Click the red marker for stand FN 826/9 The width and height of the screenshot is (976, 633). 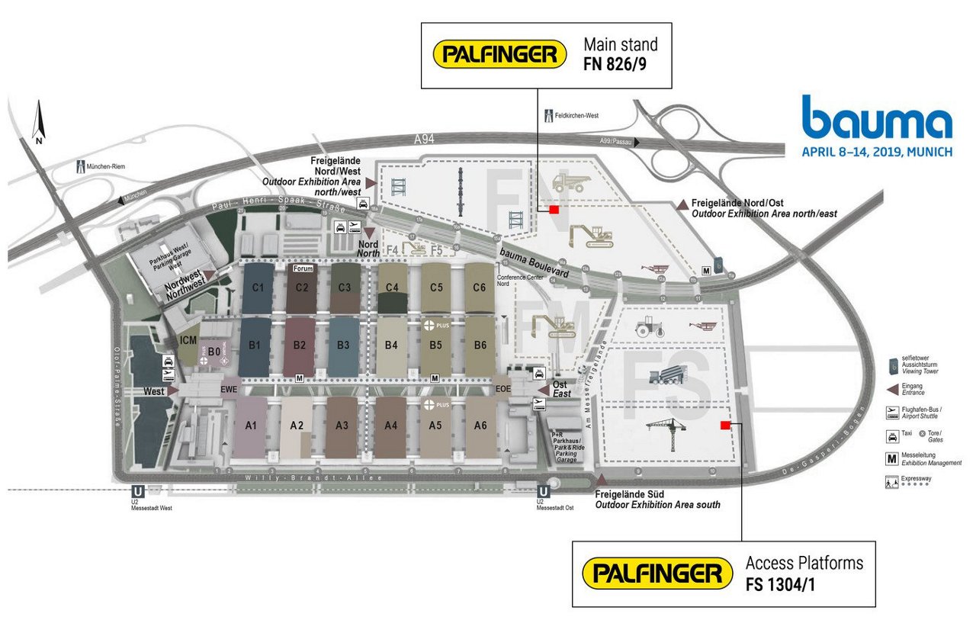(x=554, y=209)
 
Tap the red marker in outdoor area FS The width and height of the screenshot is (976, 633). (x=726, y=425)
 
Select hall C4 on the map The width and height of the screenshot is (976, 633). (x=393, y=288)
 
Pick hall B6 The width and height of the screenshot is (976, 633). (x=480, y=345)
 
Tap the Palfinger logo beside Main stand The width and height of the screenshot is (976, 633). (x=499, y=53)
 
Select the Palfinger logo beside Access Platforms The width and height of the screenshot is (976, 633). (x=652, y=574)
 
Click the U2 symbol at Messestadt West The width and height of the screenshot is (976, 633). (x=138, y=493)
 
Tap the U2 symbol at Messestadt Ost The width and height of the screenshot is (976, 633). (x=544, y=493)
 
